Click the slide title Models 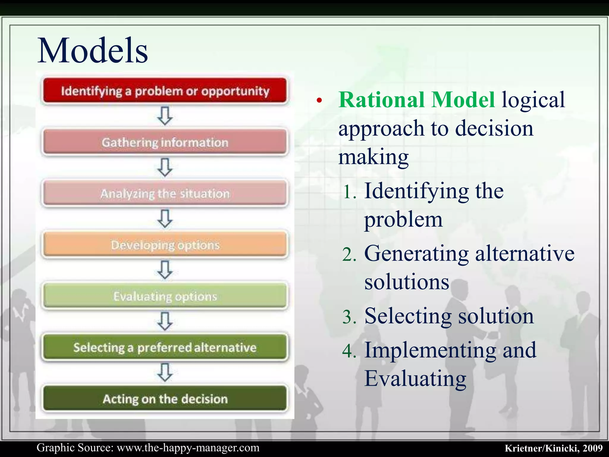coord(92,51)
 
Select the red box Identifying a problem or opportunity coord(165,91)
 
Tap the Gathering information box coord(165,142)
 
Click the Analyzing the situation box coord(165,193)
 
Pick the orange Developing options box coord(165,245)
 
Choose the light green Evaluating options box coord(165,296)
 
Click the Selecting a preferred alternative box coord(165,348)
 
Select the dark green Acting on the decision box coord(165,399)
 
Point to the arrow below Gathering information coord(165,167)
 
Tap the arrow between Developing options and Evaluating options coord(165,270)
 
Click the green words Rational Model coord(417,100)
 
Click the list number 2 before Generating coord(349,255)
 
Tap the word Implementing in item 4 coord(430,350)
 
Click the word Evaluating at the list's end coord(415,378)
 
